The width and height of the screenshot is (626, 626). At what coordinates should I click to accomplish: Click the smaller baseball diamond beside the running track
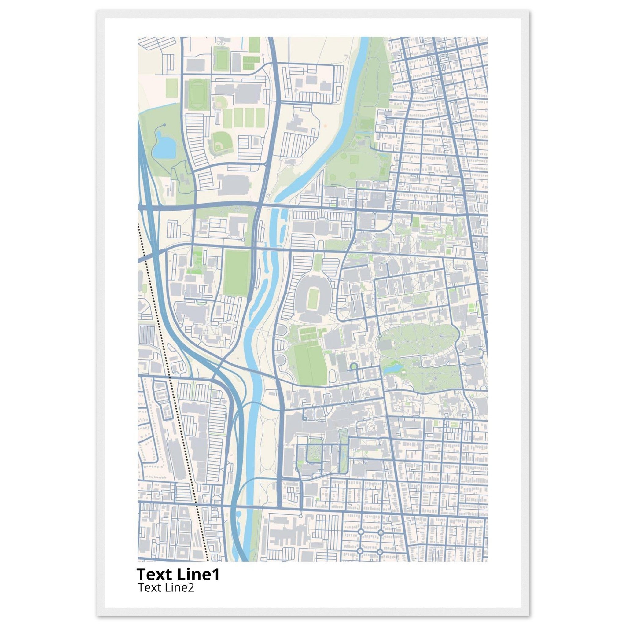click(221, 103)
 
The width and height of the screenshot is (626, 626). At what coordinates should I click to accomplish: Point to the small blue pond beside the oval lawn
click(392, 369)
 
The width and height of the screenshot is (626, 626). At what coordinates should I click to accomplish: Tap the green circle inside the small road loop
click(354, 366)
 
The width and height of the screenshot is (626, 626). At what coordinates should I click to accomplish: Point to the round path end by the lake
click(165, 125)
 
